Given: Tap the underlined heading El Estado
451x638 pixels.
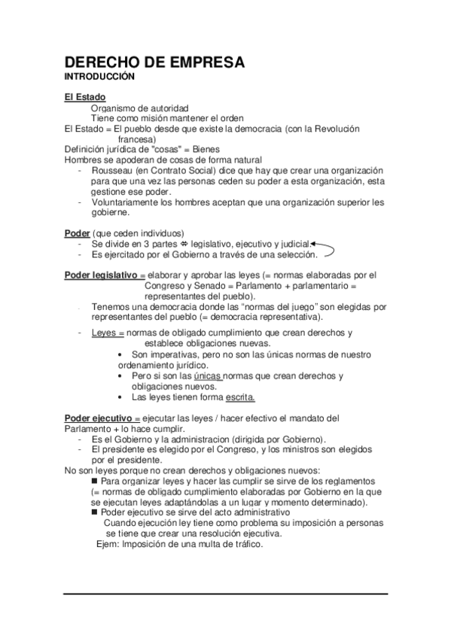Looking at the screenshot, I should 84,98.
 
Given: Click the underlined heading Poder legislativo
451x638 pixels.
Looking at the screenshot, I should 105,275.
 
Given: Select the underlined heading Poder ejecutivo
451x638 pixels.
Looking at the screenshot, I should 102,418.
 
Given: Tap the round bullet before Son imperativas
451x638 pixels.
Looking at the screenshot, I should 123,354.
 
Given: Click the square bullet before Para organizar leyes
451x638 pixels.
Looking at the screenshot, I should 94,480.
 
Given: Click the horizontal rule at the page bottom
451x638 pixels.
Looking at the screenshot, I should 225,594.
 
